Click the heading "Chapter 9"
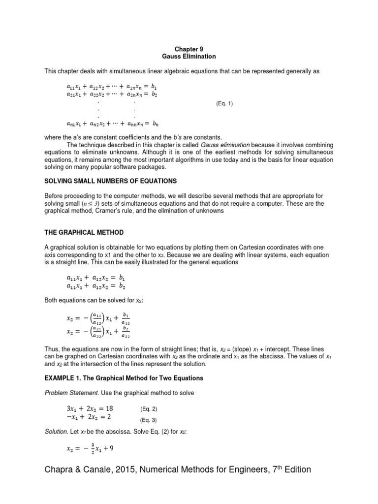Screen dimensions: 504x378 (189, 50)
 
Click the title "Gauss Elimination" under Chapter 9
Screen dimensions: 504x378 (189, 57)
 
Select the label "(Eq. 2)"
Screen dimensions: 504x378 (149, 409)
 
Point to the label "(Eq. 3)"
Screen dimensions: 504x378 (149, 420)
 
